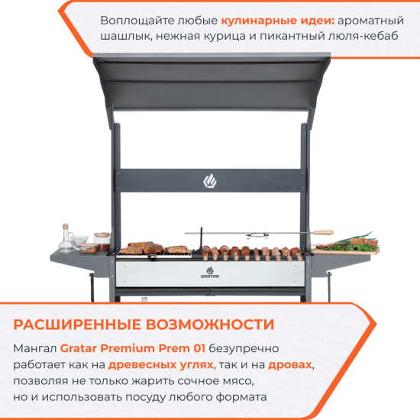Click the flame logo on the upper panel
pyautogui.click(x=210, y=181)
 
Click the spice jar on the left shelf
pyautogui.click(x=102, y=241)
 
